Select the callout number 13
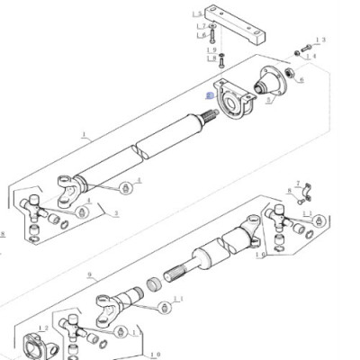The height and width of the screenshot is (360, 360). (x=323, y=40)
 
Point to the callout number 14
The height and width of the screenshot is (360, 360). (x=312, y=55)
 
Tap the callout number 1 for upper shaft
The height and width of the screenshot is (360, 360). (x=84, y=136)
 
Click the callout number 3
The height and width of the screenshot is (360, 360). (x=116, y=214)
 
